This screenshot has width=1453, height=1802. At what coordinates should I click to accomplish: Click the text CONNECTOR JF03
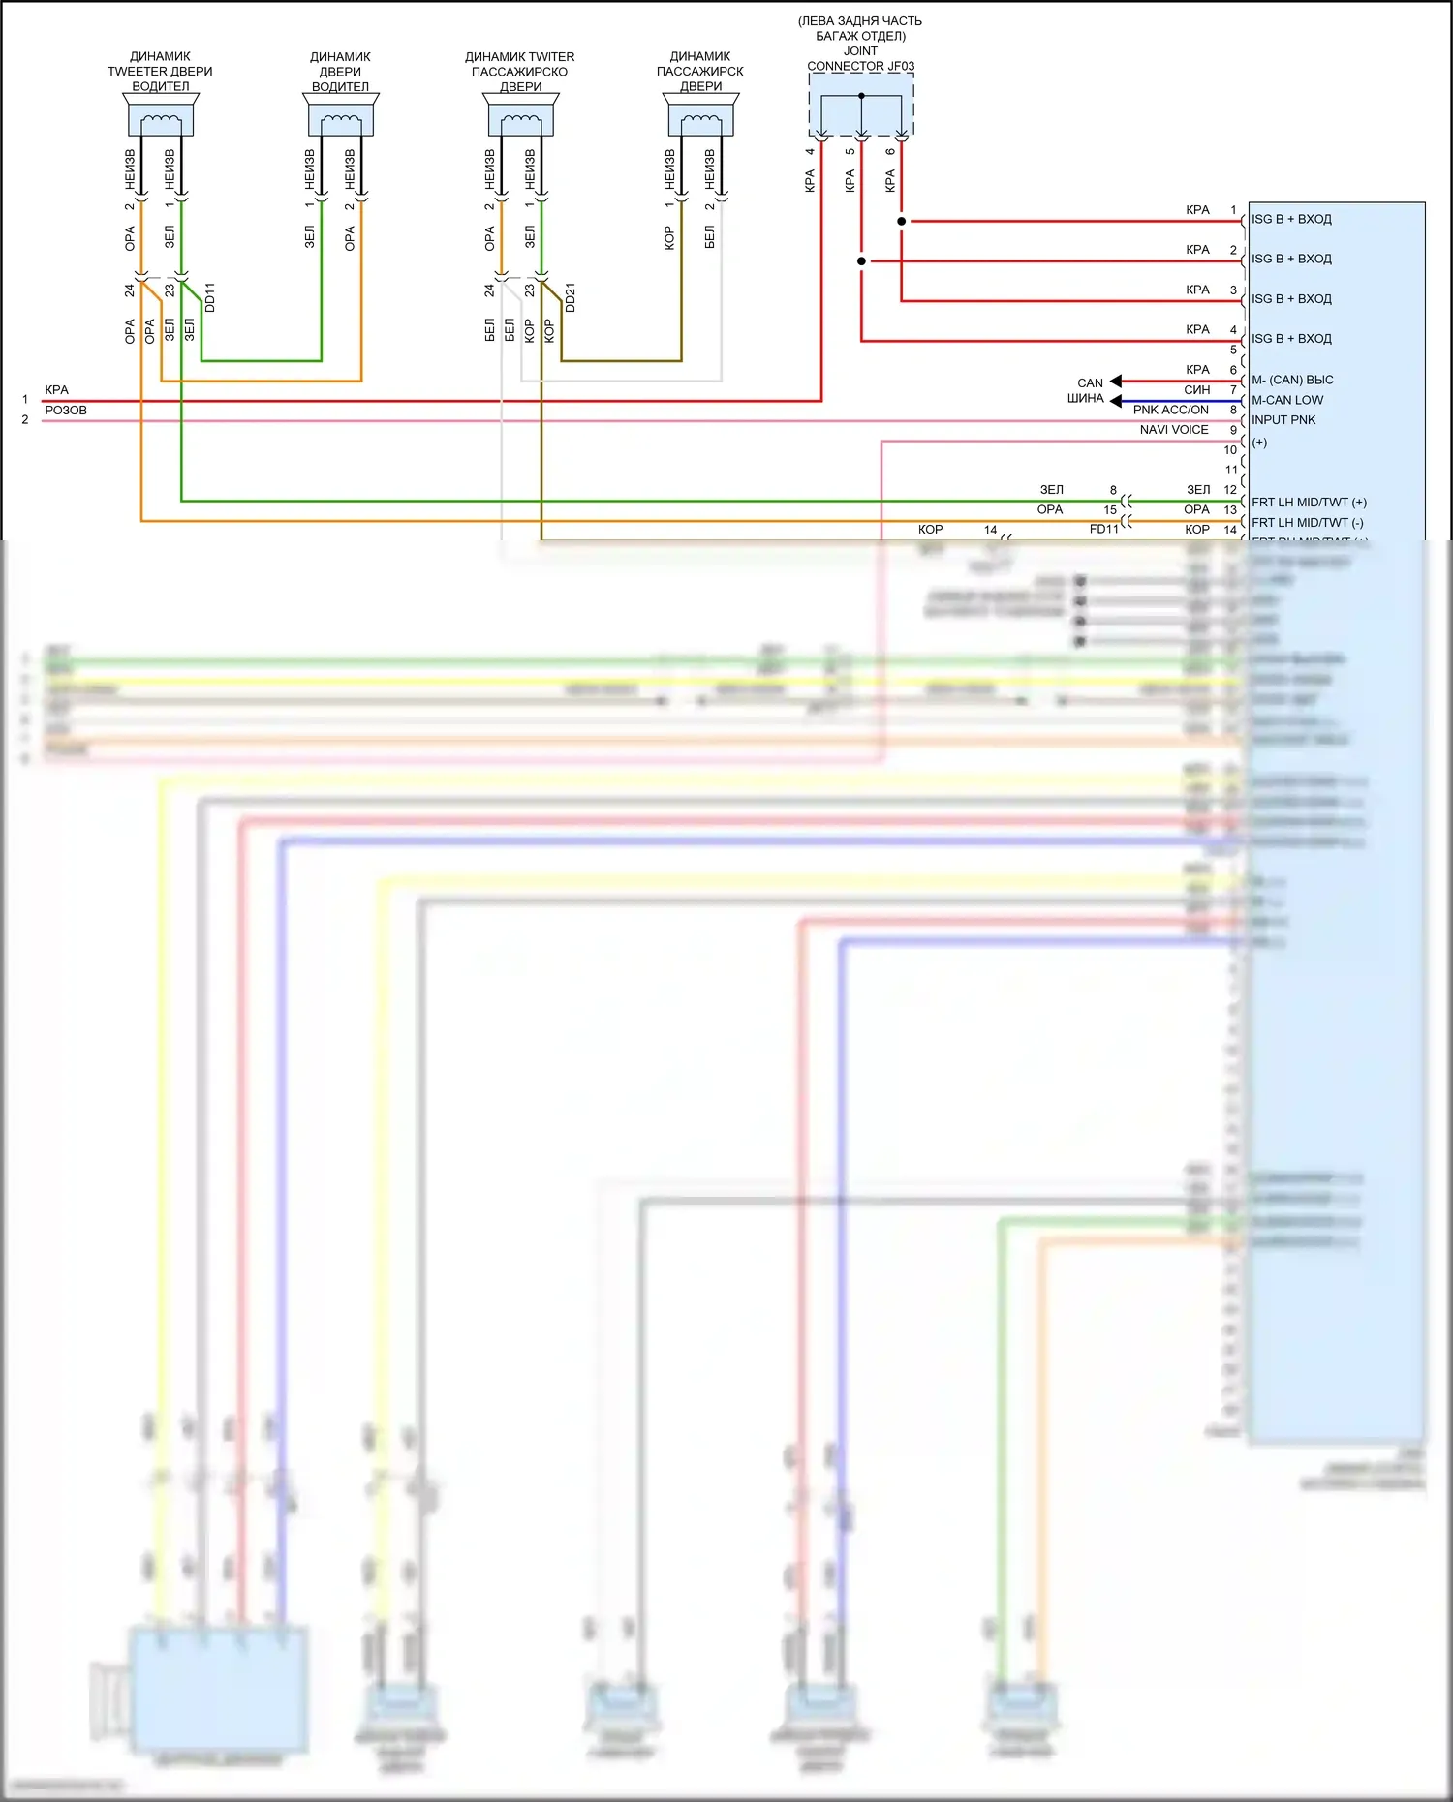pos(860,66)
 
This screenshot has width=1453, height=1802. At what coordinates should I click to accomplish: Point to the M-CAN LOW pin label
pos(1287,400)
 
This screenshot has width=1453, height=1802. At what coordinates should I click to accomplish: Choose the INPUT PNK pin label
pos(1283,420)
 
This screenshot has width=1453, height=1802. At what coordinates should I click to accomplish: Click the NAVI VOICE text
pos(1173,430)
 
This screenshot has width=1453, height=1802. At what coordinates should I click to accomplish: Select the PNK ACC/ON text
pos(1170,410)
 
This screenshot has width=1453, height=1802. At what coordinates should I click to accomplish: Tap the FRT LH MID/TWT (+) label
pos(1309,503)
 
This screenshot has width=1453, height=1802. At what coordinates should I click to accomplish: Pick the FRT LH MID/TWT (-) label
pos(1307,523)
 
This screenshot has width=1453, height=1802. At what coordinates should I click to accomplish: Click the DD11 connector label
pos(210,297)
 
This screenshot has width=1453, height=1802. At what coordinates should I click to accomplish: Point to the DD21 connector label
pos(571,297)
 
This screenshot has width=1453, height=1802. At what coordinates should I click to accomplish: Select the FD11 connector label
pos(1103,530)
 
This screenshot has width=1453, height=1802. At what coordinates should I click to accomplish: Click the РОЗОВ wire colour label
pos(66,411)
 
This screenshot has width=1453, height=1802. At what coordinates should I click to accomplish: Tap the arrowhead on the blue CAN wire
pos(1116,401)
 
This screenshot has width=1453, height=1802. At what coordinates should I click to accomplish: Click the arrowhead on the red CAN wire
pos(1116,382)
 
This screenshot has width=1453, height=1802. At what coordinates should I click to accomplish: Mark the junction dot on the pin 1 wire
pos(902,222)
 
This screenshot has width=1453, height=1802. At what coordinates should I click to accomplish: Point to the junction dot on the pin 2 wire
pos(861,261)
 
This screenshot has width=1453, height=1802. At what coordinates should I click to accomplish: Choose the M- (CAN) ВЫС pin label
pos(1292,380)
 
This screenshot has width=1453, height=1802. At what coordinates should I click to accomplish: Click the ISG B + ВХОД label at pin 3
pos(1291,299)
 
